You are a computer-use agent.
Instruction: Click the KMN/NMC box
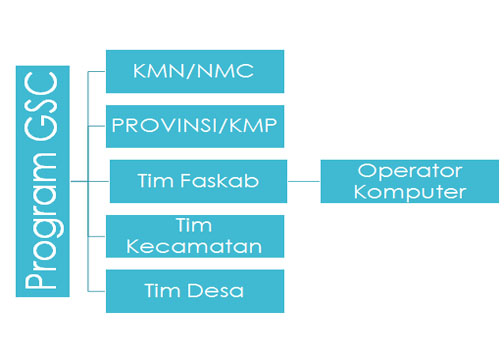pos(195,71)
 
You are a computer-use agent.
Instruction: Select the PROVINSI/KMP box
pos(195,126)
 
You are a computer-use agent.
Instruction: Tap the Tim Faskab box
pos(199,182)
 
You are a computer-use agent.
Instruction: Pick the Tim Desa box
pos(195,291)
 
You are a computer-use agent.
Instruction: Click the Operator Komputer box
pos(409,181)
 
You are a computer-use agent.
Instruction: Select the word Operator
pos(409,171)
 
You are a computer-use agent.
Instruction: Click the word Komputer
pos(409,191)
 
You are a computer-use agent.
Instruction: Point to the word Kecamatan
pos(195,245)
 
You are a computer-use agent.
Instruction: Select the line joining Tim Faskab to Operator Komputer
pos(304,181)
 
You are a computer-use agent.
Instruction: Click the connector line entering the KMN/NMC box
pos(97,71)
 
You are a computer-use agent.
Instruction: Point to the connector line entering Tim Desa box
pos(97,291)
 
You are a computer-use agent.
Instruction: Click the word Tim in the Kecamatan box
pos(195,226)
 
